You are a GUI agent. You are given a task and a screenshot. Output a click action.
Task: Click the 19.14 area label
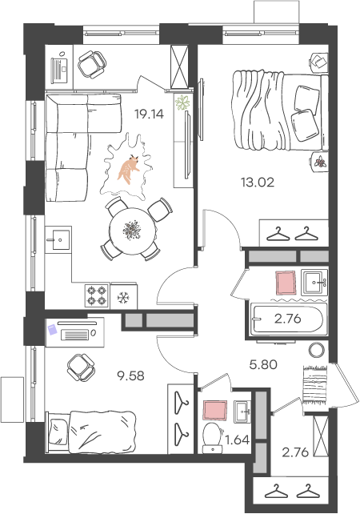tap(149, 114)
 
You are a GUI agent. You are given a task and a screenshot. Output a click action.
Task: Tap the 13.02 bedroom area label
tap(258, 183)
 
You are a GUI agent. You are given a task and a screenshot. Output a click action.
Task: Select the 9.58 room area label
tap(130, 375)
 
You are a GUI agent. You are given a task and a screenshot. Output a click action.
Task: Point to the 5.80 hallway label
tap(263, 364)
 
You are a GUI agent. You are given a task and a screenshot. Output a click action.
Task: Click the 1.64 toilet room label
tap(238, 440)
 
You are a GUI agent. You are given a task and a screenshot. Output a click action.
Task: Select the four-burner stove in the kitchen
tap(97, 295)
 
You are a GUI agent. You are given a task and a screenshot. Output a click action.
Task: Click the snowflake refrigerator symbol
tap(123, 298)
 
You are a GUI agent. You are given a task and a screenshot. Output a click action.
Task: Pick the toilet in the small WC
tap(212, 438)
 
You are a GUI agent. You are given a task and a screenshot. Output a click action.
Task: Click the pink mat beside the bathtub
tap(286, 283)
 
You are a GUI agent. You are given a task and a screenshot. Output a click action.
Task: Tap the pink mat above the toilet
tap(215, 410)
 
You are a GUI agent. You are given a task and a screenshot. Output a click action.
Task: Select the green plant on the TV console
tap(182, 102)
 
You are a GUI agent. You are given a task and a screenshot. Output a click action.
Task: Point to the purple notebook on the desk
tap(52, 329)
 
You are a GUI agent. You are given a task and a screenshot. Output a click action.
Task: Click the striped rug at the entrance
tap(315, 384)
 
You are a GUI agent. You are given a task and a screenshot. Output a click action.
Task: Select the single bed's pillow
tap(59, 432)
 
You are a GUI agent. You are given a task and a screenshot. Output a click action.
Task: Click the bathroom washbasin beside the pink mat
tap(314, 283)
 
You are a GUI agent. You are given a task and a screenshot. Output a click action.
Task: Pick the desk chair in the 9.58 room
tap(81, 367)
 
